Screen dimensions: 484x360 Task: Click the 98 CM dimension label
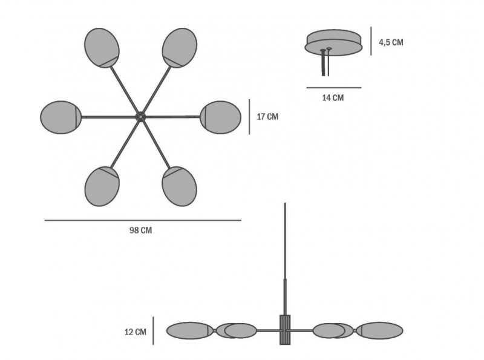pos(141,231)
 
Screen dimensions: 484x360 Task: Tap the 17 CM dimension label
pos(267,117)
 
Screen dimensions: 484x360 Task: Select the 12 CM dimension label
pos(136,332)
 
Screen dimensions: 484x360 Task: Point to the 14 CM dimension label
pos(333,98)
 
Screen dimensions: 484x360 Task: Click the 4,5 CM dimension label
pos(391,42)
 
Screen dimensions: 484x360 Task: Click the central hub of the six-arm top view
pos(140,117)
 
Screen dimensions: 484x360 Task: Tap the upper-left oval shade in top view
pos(102,48)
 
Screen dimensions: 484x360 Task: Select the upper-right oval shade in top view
pos(179,48)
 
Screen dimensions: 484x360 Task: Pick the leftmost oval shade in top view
pos(61,117)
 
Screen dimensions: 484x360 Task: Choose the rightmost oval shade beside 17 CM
pos(220,117)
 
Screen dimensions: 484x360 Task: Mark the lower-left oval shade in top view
pos(102,186)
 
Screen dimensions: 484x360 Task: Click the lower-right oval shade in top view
pos(179,186)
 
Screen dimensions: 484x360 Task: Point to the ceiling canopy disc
pos(334,43)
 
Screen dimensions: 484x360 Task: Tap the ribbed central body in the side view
pos(285,330)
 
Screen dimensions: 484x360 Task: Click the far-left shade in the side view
pos(190,331)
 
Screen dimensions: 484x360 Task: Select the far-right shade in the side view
pos(381,331)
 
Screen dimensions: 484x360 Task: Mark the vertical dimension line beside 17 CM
pos(249,117)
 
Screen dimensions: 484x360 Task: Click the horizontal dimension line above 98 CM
pos(143,220)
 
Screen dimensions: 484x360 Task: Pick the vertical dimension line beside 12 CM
pos(153,331)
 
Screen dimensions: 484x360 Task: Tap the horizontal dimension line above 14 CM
pos(334,88)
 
